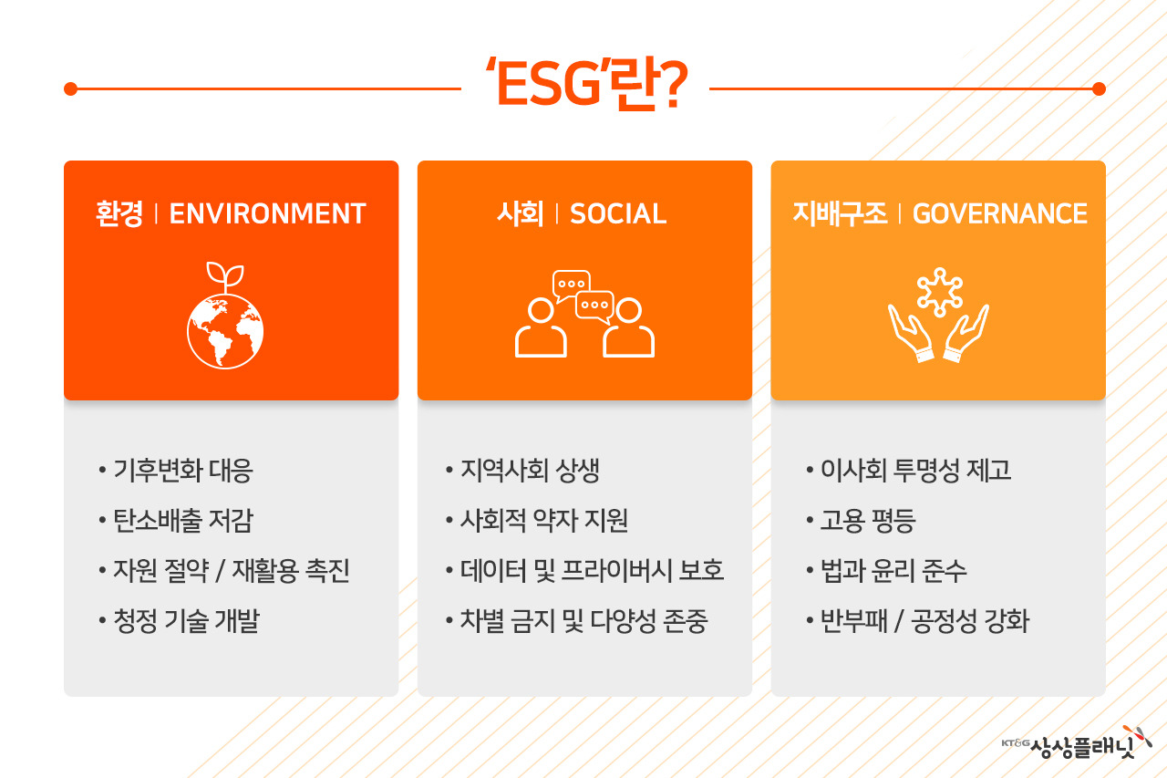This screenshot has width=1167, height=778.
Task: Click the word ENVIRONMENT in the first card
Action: pos(267,213)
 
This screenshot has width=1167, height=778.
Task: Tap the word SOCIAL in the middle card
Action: pos(618,213)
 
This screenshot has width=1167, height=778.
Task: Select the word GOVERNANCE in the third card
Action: pos(999,213)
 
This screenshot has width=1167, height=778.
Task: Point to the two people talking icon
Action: pos(584,314)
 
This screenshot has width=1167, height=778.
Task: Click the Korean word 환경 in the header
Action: pos(119,213)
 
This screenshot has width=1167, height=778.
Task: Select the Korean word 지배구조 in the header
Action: pos(840,213)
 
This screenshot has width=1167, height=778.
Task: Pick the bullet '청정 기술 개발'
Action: pos(186,621)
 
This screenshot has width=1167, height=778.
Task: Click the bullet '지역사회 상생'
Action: pos(530,471)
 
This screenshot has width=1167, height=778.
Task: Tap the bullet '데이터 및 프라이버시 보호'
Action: pos(592,571)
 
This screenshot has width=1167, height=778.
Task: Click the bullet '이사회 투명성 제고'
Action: pos(915,471)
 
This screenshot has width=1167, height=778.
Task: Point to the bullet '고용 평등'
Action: pos(867,521)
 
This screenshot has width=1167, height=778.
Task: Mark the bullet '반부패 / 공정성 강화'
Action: pos(924,621)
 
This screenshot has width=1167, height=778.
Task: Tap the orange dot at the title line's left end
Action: pos(70,88)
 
